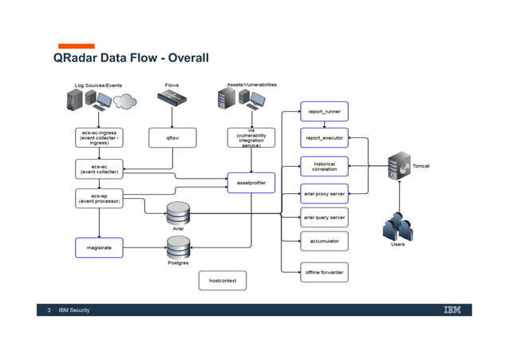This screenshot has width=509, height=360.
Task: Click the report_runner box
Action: pos(324,112)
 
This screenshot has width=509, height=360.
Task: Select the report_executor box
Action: pos(324,138)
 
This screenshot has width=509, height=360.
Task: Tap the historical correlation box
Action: pos(324,166)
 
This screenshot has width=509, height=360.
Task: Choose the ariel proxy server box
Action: pos(324,193)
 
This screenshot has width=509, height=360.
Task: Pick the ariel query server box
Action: pos(324,217)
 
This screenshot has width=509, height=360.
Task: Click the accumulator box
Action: pos(324,241)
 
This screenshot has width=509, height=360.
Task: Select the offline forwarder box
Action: pos(324,272)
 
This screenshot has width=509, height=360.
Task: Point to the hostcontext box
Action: pos(222,281)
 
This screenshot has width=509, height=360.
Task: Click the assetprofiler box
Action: pos(251,183)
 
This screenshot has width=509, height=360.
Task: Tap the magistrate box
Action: pos(99,247)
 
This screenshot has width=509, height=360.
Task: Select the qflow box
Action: pos(172,138)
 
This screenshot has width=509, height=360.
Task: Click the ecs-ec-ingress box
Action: pos(99,138)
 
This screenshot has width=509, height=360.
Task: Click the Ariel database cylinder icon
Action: pos(178,213)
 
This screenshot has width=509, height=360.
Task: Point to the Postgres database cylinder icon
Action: pos(178,247)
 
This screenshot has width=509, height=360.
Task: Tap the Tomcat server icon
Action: pos(398,167)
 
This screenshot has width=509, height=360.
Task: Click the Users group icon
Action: pos(397,226)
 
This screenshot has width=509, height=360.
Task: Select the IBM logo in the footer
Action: pos(452,310)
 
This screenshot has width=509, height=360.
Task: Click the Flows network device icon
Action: pos(172,99)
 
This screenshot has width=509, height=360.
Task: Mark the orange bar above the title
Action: pos(75,46)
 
